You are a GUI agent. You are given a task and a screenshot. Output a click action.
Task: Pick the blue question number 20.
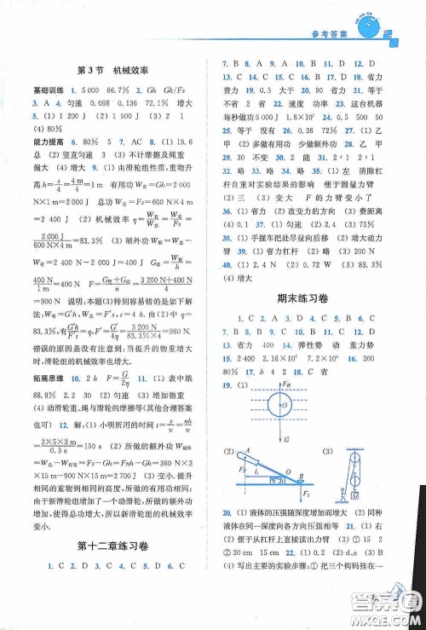click(x=226, y=514)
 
